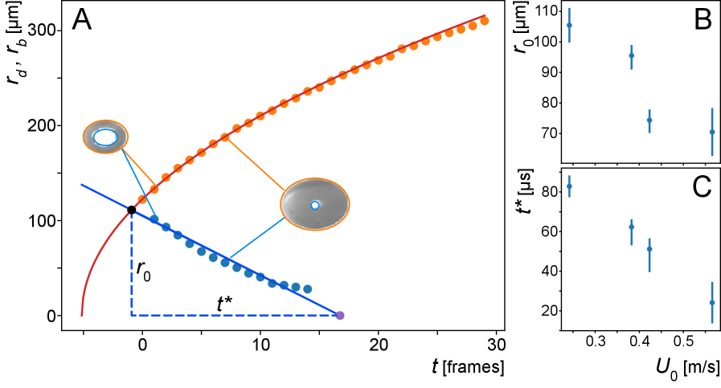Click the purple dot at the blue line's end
340,316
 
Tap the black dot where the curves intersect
131,210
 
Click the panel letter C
701,187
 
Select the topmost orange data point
484,20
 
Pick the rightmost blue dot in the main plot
307,288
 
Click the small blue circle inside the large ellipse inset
315,206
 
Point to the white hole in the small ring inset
105,137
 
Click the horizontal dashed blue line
233,315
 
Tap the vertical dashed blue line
131,265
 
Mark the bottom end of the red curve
82,315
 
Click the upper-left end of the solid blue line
81,184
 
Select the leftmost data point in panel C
569,186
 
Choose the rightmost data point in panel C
712,303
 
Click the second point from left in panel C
631,227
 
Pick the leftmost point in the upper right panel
569,25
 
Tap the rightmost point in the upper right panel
712,132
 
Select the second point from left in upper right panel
631,55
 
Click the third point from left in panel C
649,249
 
